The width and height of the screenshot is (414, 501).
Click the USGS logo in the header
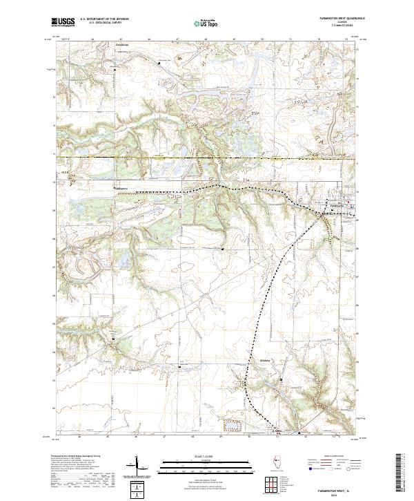click(x=63, y=21)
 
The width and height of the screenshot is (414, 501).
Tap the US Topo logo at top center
click(x=208, y=21)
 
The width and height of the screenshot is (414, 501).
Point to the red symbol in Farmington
click(x=349, y=205)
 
